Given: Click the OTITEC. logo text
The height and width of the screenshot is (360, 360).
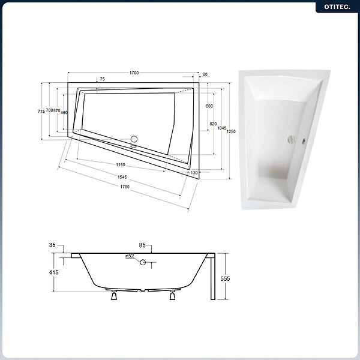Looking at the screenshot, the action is [x=337, y=7].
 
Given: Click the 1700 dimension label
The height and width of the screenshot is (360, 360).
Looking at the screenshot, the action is [x=134, y=73].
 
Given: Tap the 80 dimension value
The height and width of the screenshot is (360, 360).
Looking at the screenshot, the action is [x=205, y=74].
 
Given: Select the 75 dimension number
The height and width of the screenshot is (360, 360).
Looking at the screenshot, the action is [x=103, y=79].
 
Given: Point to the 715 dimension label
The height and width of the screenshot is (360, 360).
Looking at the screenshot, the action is [x=41, y=112].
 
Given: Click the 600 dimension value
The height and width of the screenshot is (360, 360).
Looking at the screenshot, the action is [x=209, y=106].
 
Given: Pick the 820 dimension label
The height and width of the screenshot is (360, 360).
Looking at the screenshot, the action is [x=213, y=124].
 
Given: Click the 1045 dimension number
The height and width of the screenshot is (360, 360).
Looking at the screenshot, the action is [x=222, y=128].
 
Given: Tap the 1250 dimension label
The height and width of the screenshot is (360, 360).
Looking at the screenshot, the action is [x=231, y=131].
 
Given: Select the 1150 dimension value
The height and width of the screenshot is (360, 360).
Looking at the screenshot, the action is [x=121, y=164].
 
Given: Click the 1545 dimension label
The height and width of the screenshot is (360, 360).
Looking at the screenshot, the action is [x=122, y=177].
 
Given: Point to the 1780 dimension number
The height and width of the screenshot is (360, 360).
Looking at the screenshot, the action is [x=125, y=187].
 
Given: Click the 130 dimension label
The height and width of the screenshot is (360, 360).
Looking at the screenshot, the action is [x=194, y=173].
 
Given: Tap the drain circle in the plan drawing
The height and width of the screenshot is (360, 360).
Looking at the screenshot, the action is [x=134, y=139].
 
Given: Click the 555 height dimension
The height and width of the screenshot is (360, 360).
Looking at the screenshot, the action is [x=225, y=278].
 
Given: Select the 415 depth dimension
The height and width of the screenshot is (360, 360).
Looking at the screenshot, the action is [x=54, y=272].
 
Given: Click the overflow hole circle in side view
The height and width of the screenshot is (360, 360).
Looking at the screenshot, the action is [x=143, y=262].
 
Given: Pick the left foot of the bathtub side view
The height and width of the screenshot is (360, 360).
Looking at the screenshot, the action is [x=114, y=295].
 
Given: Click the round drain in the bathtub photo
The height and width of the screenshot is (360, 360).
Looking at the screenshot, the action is [x=292, y=140].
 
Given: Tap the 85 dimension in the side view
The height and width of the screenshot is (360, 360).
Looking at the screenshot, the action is [x=142, y=245].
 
